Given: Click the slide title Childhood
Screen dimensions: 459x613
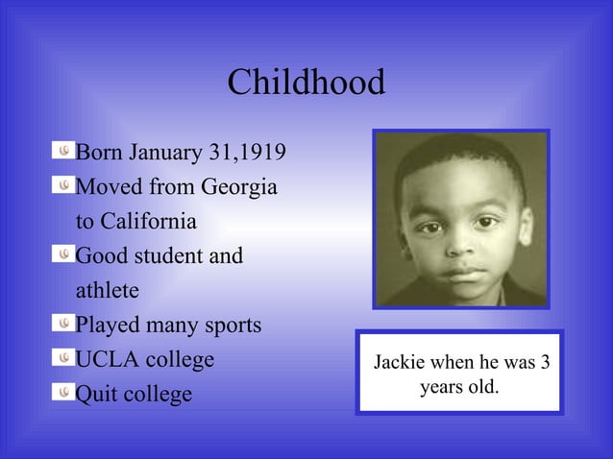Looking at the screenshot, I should (306, 84).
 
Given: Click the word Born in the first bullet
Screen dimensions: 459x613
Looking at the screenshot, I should (98, 153).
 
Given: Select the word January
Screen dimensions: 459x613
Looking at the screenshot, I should (164, 153).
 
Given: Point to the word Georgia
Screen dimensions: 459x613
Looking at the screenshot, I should (239, 187).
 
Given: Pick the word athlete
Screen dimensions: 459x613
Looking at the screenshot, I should (107, 290).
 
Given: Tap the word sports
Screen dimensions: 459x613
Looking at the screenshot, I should (231, 326).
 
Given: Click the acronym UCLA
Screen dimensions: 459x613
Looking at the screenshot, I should (106, 360).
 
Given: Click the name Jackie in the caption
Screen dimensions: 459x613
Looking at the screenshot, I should (398, 363).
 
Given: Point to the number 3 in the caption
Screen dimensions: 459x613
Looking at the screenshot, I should (545, 363).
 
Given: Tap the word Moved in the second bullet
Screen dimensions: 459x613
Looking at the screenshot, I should (106, 187).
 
